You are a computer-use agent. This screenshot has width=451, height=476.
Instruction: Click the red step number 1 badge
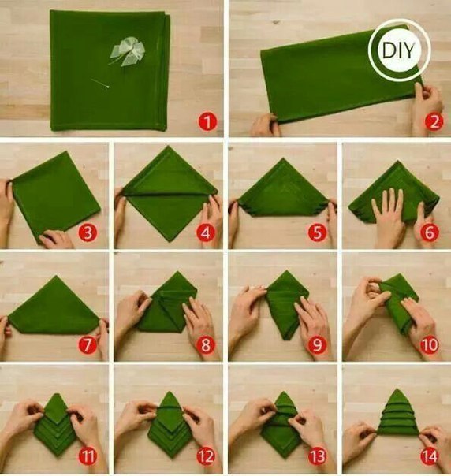click(207, 122)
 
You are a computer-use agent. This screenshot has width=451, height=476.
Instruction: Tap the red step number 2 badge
click(434, 121)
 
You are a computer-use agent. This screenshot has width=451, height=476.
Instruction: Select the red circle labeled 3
click(88, 233)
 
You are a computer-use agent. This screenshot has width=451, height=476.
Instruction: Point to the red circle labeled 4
click(205, 233)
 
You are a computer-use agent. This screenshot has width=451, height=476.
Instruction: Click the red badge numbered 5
click(317, 233)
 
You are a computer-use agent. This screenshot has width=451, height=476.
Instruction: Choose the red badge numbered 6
click(430, 233)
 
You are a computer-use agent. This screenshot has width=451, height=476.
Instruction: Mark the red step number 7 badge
click(88, 345)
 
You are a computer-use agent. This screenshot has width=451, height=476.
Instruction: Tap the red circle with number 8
click(205, 345)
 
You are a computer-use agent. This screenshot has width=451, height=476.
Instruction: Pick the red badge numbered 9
click(317, 345)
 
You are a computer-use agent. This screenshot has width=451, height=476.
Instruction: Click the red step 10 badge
click(430, 345)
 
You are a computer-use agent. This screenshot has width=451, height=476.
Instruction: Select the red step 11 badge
click(88, 456)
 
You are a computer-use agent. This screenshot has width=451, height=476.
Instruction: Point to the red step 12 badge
click(205, 456)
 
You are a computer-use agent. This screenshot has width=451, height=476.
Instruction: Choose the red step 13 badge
click(317, 456)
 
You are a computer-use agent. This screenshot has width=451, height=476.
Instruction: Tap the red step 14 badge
click(430, 456)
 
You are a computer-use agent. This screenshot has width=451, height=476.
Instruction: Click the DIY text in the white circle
click(398, 50)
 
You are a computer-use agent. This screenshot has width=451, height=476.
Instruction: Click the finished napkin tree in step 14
click(397, 412)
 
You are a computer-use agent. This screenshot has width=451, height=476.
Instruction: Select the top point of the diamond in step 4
click(168, 147)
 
